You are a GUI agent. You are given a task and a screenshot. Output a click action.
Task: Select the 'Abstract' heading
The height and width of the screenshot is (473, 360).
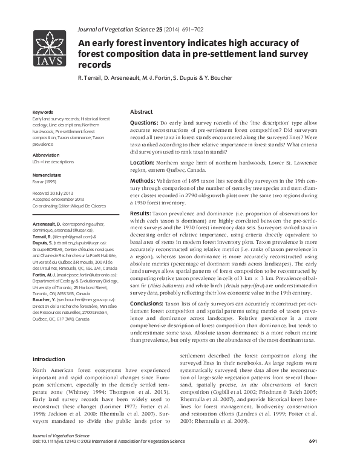[142, 113]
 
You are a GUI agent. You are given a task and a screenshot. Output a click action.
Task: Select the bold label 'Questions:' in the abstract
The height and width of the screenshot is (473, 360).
[145, 122]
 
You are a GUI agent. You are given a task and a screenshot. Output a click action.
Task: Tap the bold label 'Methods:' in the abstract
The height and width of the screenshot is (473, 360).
[142, 180]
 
